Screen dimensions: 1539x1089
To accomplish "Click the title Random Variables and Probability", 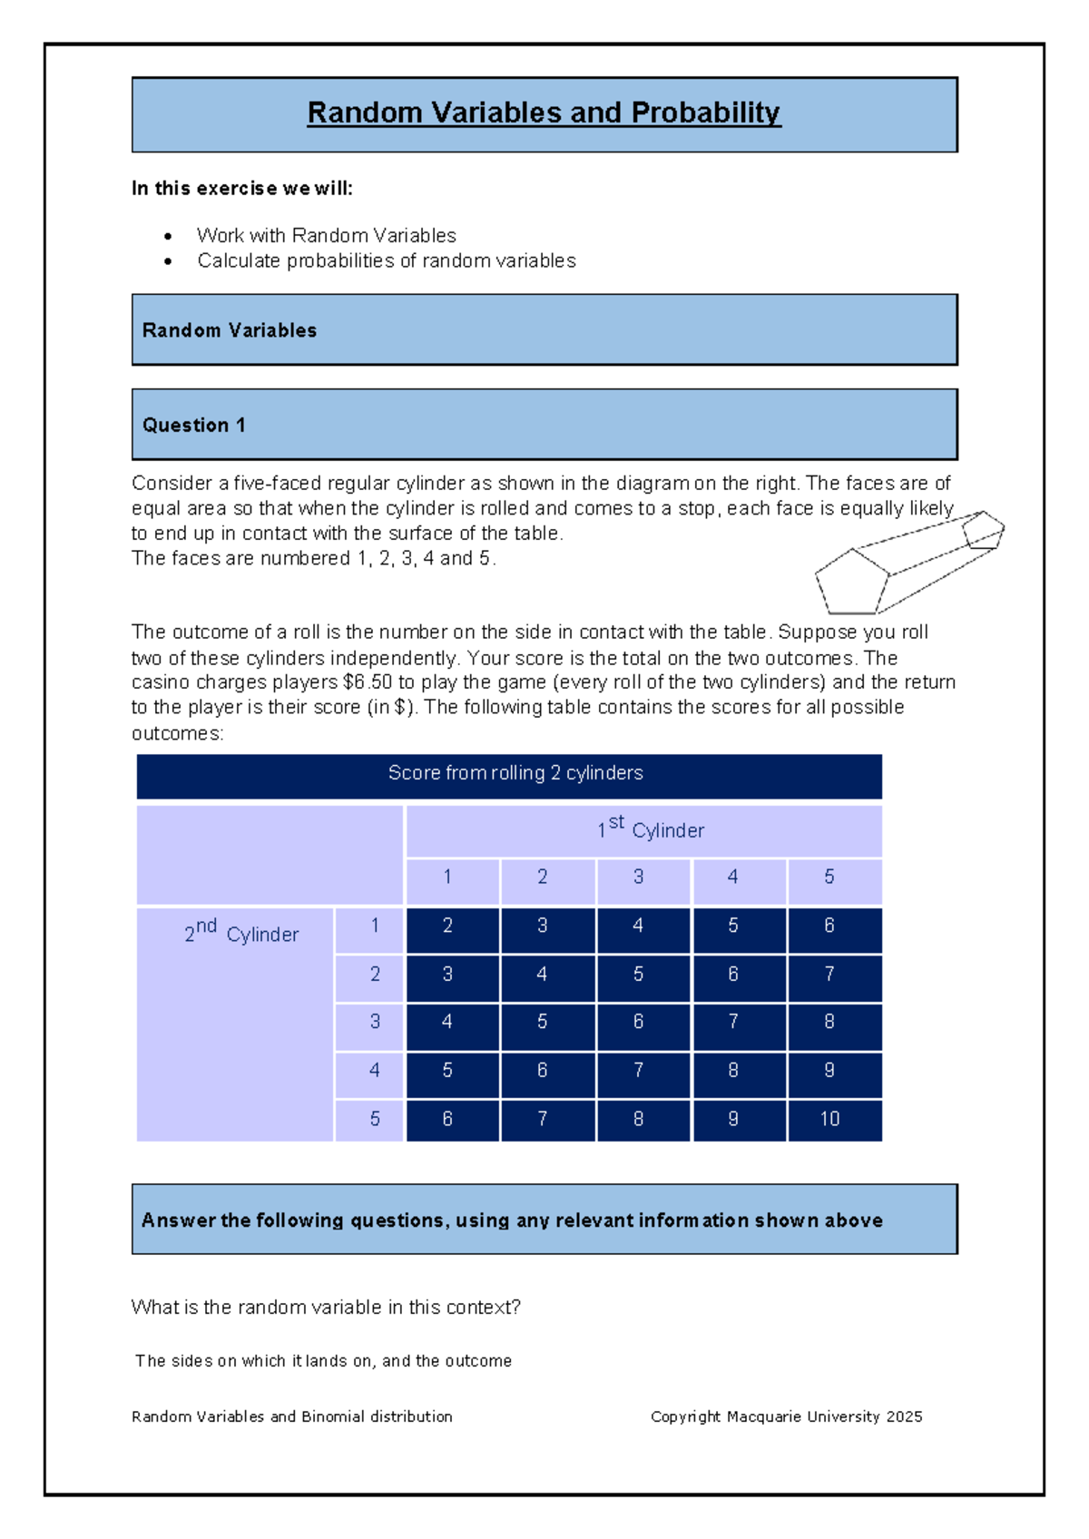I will [544, 113].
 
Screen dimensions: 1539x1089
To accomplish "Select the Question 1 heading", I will [193, 425].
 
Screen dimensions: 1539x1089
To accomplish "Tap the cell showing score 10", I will [829, 1119].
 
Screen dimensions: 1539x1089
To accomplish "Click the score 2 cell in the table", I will [447, 926].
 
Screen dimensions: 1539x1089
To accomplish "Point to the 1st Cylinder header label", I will [650, 828].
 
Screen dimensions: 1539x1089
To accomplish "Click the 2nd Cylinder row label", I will [241, 933].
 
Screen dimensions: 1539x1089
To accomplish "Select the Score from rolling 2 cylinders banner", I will [515, 773].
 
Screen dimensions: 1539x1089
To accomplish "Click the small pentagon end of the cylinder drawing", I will [982, 531].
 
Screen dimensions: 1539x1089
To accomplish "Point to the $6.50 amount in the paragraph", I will [367, 682].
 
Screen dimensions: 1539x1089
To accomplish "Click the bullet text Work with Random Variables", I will [327, 236].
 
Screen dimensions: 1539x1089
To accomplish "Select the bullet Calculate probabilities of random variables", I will [387, 261].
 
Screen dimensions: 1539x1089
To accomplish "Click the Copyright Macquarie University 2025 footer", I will [786, 1416].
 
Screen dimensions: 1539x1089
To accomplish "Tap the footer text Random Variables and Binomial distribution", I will [292, 1416].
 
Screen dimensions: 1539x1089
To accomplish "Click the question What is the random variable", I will [326, 1308].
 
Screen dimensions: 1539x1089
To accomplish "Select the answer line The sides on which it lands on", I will [323, 1361].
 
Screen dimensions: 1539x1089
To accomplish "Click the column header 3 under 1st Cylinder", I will [638, 877].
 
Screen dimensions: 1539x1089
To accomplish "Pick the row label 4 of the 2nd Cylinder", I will [374, 1071].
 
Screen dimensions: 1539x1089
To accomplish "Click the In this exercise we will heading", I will [241, 189].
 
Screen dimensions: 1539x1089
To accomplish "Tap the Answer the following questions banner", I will [512, 1220].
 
